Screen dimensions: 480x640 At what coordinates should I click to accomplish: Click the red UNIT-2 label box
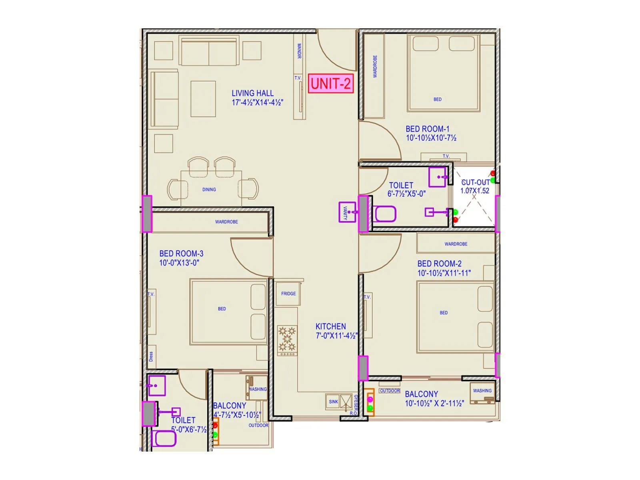tap(331, 84)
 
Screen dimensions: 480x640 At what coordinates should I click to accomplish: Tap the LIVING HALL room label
tap(252, 93)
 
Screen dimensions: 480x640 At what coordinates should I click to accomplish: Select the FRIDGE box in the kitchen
tap(288, 294)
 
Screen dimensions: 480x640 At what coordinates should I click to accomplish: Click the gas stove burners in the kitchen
tap(287, 339)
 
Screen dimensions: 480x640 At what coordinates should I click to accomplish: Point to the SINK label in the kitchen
tap(333, 402)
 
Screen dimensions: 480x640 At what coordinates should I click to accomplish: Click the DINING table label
tap(209, 190)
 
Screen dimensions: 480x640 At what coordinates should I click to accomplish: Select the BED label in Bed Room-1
tap(438, 99)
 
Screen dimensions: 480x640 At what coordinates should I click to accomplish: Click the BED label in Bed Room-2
tap(444, 313)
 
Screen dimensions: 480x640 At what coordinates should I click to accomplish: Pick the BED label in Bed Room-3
tap(222, 309)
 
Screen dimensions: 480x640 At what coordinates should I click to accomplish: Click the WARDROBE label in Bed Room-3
tap(226, 222)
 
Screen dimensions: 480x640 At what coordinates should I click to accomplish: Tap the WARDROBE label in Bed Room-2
tap(456, 244)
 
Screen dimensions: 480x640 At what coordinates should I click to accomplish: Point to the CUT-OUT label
tap(475, 182)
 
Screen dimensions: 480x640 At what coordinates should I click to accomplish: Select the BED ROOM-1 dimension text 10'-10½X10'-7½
tap(431, 138)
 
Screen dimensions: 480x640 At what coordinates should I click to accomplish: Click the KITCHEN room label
tap(330, 326)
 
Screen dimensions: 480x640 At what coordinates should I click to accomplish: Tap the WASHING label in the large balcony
tap(482, 391)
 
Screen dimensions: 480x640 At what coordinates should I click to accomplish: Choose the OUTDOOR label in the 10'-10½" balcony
tap(390, 391)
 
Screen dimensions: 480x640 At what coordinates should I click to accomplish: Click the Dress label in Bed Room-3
tap(151, 356)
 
